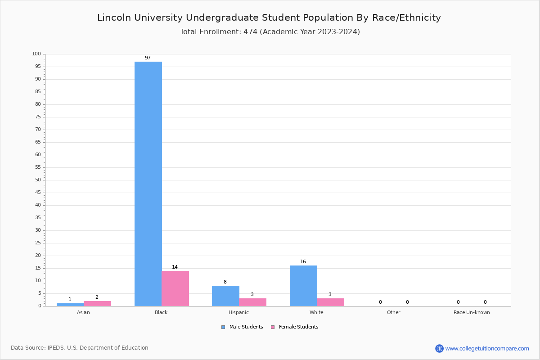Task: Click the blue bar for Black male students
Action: point(148,184)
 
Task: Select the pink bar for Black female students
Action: point(175,288)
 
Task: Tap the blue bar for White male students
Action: point(303,286)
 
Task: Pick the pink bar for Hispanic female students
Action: point(252,302)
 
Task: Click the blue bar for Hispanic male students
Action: point(225,296)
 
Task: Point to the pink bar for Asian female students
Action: point(97,303)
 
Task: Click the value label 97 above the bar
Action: point(148,58)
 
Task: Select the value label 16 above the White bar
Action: point(303,262)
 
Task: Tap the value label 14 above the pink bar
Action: point(175,267)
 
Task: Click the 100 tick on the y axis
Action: point(36,54)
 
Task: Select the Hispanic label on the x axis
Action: point(238,312)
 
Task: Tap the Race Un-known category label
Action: point(472,312)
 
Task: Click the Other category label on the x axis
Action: point(393,312)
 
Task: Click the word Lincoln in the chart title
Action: point(114,18)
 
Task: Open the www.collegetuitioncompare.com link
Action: point(487,348)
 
